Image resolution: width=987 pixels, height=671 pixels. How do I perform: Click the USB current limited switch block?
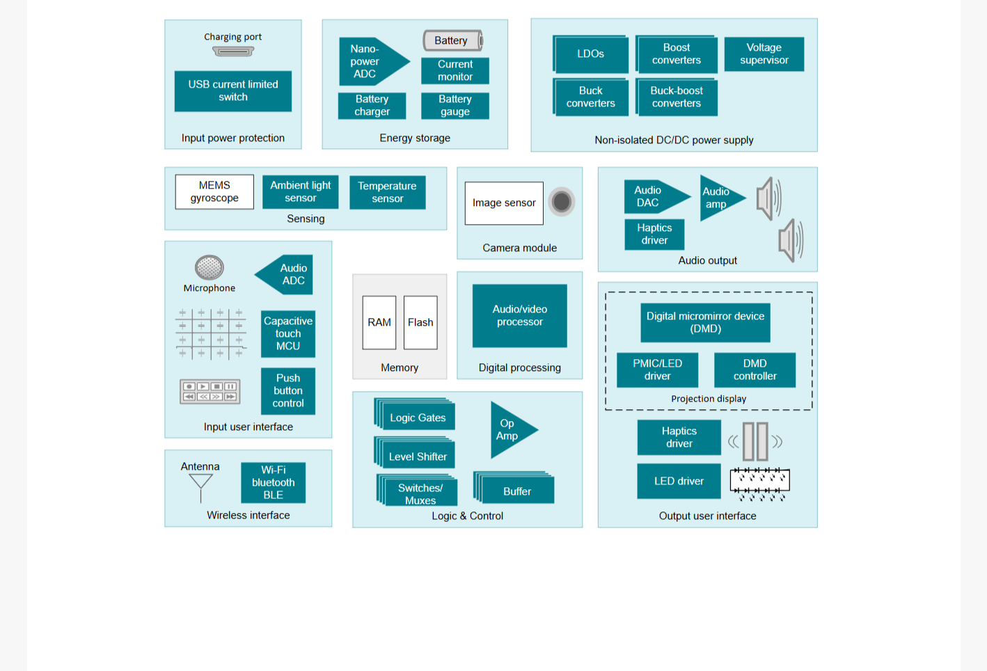(232, 90)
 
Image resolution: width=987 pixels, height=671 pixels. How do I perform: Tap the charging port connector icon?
(233, 52)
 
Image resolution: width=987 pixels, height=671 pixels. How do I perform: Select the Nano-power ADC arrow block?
(374, 61)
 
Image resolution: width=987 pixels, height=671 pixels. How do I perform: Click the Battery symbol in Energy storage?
(453, 40)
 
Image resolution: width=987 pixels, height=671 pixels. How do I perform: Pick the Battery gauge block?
(455, 105)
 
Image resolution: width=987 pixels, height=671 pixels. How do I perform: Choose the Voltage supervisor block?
(764, 54)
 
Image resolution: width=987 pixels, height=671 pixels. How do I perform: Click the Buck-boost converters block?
(677, 97)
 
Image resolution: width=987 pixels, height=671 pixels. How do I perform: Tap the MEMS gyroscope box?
(214, 191)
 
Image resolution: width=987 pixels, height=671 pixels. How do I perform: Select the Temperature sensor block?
(387, 192)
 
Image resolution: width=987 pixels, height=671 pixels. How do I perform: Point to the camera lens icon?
(561, 202)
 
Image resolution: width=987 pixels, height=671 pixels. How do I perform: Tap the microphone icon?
(210, 267)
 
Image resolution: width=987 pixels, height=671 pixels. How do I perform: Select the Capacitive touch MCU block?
(288, 333)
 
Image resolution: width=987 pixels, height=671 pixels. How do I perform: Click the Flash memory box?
(420, 322)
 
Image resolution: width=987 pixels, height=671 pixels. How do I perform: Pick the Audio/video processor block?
(520, 315)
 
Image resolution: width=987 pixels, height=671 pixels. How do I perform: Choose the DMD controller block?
(755, 370)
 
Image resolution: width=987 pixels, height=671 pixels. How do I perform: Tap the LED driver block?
(679, 481)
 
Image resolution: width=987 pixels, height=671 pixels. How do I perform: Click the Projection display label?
(709, 399)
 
